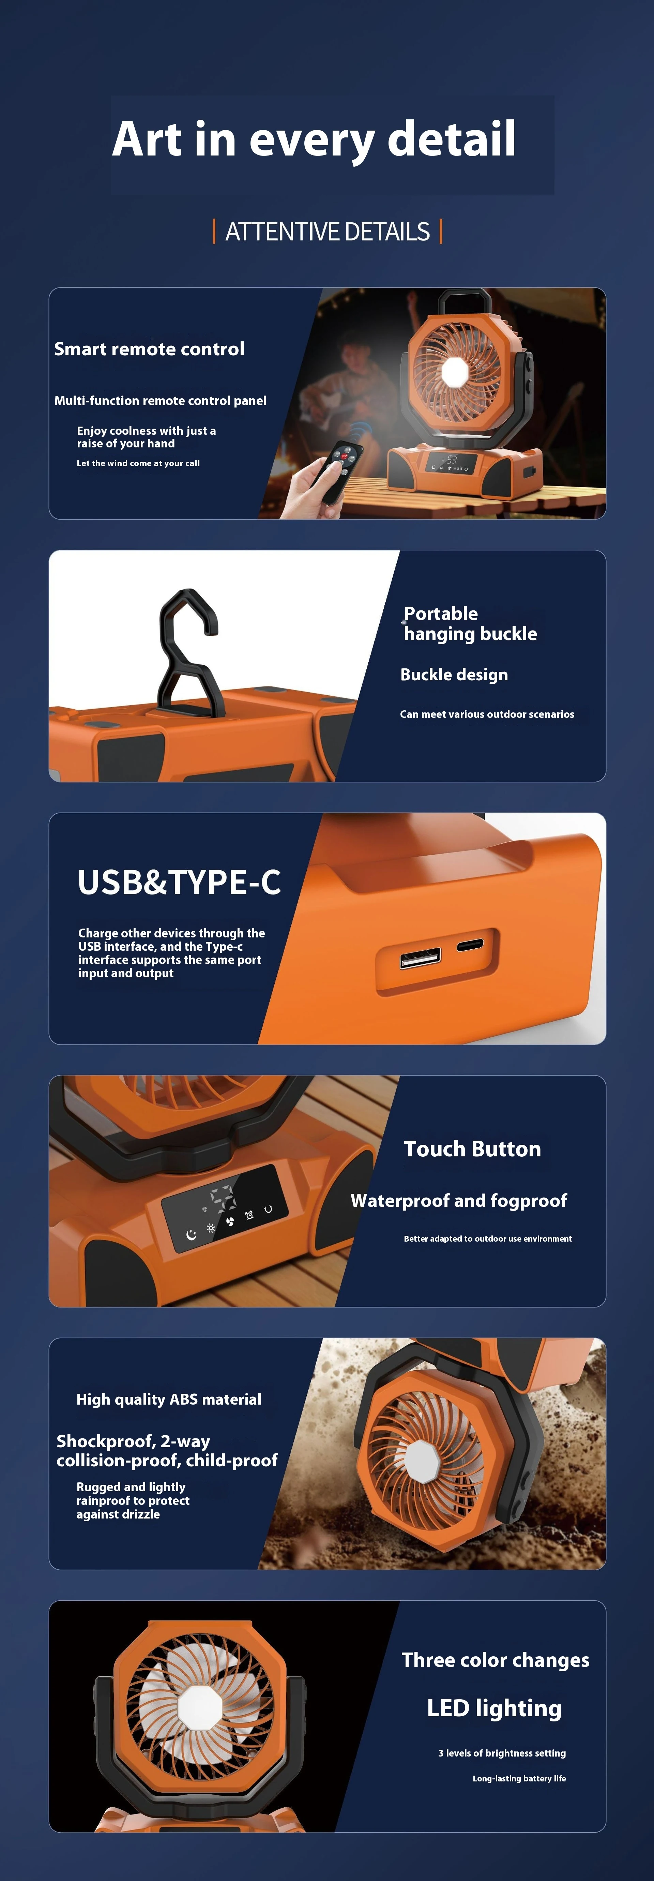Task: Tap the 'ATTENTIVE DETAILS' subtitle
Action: [x=328, y=232]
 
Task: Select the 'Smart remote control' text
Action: [x=149, y=349]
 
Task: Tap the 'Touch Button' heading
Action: [x=472, y=1149]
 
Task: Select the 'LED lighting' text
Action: [x=494, y=1708]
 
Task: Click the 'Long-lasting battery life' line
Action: [x=519, y=1778]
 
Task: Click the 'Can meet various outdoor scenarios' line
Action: [x=487, y=714]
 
